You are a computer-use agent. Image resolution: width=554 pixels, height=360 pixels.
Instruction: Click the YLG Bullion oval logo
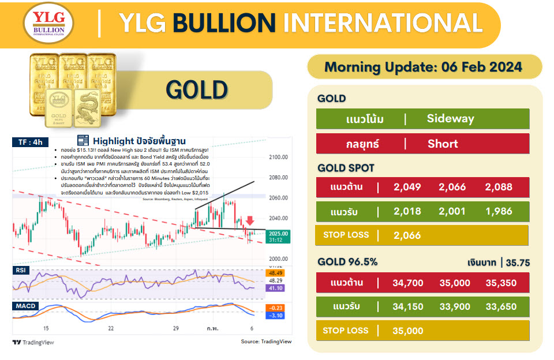coord(48,24)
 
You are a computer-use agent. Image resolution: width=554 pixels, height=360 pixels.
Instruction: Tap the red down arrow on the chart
coord(249,220)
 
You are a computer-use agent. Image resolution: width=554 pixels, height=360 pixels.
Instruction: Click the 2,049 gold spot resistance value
coord(407,186)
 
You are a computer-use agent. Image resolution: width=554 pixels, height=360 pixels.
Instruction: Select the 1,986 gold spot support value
coord(499,211)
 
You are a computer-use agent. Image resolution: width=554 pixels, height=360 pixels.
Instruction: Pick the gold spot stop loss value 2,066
coord(407,235)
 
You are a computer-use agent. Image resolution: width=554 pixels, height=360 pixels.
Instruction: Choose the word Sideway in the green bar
coord(450,119)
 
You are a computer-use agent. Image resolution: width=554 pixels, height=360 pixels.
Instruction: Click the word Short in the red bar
coord(443,144)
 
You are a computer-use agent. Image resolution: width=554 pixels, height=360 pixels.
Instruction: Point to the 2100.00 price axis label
coord(278,157)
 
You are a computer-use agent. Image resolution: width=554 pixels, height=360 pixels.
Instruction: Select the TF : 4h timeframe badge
coord(29,141)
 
